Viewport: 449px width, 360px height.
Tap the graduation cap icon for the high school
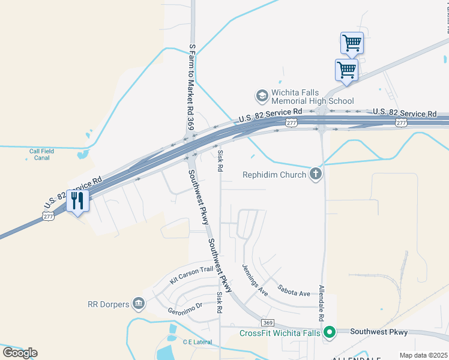(x=261, y=95)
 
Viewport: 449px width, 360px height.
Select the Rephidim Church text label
(x=274, y=175)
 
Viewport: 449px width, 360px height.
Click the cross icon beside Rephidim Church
(x=316, y=175)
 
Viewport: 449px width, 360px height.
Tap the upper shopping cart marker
(x=351, y=43)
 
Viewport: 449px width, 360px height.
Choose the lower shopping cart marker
(x=346, y=70)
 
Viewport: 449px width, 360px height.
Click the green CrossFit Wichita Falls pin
(x=329, y=332)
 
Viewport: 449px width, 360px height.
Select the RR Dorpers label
(x=108, y=304)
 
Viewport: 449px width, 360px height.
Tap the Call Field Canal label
(x=40, y=154)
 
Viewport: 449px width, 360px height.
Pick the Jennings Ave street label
(x=255, y=280)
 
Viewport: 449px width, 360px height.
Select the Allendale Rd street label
(x=321, y=303)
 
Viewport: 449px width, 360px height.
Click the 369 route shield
(x=268, y=322)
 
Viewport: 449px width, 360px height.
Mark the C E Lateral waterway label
(x=197, y=341)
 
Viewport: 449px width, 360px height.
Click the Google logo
(x=20, y=353)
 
